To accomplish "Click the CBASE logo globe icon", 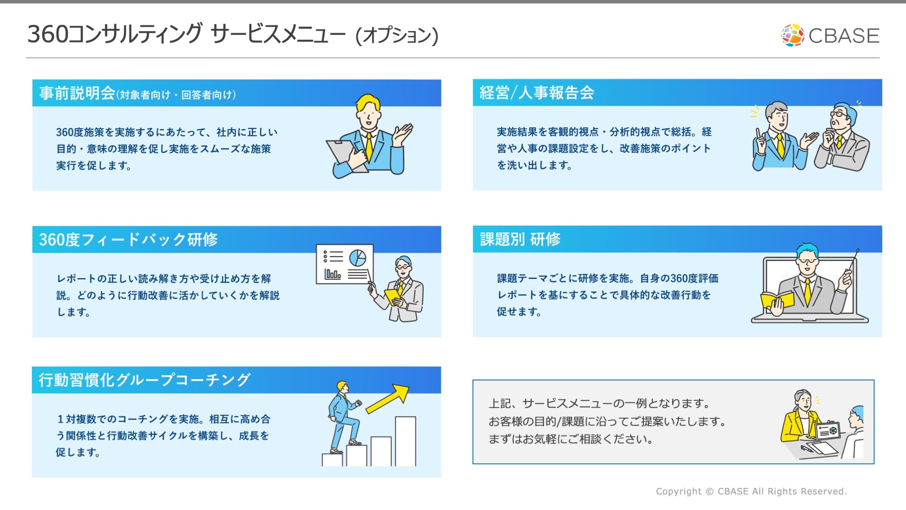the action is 793,35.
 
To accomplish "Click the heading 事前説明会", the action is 77,93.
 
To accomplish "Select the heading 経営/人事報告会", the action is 537,92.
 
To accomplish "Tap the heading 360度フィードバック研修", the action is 129,239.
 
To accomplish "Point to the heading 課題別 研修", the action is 520,239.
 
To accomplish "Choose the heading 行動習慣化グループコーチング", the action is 145,380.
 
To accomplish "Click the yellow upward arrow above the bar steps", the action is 387,399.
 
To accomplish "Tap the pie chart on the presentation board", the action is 358,258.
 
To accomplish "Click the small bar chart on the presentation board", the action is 333,274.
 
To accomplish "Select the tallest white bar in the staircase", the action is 406,441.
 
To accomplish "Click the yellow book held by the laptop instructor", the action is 777,300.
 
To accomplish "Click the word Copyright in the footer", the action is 679,491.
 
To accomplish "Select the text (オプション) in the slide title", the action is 397,35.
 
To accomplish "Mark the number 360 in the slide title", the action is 48,34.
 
